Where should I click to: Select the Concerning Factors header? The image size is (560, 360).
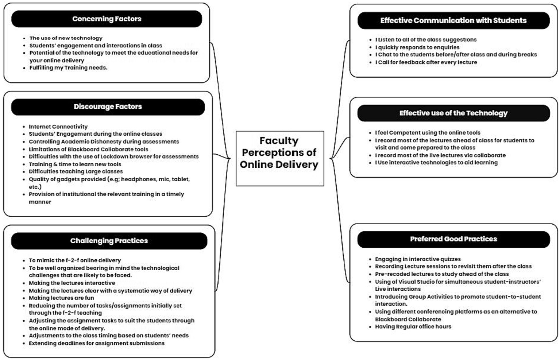point(107,19)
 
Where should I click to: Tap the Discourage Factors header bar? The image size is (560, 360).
point(108,107)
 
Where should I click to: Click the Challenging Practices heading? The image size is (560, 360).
point(109,241)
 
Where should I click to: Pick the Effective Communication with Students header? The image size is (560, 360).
point(453,20)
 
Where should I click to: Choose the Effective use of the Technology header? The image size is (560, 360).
point(453,113)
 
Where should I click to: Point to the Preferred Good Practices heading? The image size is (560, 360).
point(453,239)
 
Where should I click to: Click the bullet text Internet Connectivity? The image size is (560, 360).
point(58,127)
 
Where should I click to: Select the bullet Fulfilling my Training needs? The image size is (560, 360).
point(68,67)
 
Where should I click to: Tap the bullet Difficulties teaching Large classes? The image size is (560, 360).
point(76,171)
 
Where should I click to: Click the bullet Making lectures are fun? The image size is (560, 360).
point(61,298)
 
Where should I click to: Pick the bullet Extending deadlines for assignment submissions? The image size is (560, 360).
point(97,343)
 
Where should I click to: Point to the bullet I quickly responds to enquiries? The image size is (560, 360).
point(417,47)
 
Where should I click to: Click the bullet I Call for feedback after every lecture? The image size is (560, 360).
point(426,62)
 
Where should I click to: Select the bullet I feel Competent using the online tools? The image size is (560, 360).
point(428,133)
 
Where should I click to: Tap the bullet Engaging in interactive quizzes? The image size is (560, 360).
point(418,259)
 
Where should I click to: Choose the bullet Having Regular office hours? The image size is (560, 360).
point(413,326)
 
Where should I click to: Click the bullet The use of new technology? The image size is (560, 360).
point(66,38)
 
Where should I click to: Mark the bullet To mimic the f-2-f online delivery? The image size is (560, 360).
point(75,260)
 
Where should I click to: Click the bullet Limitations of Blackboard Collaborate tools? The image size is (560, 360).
point(89,149)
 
